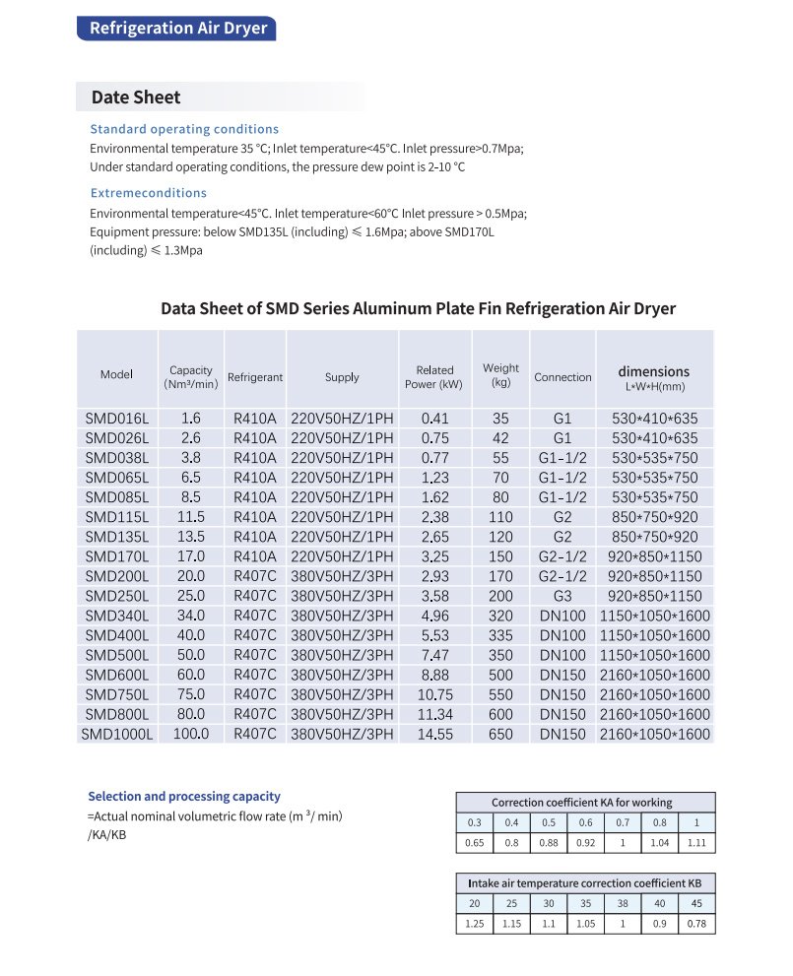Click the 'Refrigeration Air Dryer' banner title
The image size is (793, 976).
click(x=178, y=28)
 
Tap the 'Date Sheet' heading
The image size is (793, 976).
click(x=136, y=97)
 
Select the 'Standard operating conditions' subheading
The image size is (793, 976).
click(x=184, y=129)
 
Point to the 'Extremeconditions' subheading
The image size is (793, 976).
click(x=149, y=193)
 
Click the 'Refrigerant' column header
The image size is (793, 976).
click(x=255, y=377)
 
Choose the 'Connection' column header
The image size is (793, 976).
click(x=562, y=377)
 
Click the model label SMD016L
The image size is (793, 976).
click(x=116, y=419)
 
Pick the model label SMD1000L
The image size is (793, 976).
click(x=116, y=734)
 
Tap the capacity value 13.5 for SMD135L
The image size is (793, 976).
click(x=191, y=537)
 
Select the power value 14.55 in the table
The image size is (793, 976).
click(x=434, y=734)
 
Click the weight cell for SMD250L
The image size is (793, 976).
click(x=501, y=596)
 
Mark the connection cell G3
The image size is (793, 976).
click(x=562, y=596)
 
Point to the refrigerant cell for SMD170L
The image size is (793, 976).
click(x=255, y=556)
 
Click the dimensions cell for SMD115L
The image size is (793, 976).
click(x=654, y=517)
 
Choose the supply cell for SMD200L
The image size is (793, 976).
click(x=342, y=576)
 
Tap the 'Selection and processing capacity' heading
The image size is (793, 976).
click(x=184, y=797)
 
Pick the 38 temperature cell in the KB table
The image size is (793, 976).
click(x=623, y=903)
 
